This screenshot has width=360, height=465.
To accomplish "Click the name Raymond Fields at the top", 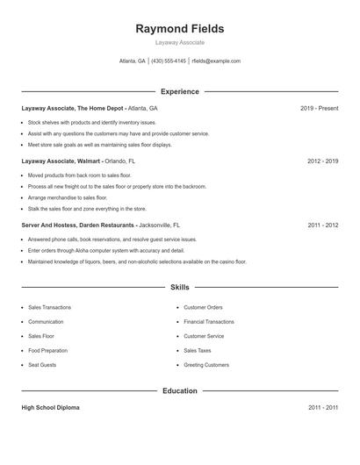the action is tap(179, 29).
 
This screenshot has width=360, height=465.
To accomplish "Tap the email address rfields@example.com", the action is tap(216, 61).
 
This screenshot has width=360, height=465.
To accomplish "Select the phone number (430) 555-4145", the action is tap(169, 61).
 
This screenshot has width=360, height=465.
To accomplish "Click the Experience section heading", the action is tap(179, 91).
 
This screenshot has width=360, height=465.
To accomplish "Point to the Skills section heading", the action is tap(179, 287).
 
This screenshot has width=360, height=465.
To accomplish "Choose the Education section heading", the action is tap(179, 390).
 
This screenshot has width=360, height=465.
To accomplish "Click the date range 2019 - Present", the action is tap(319, 108).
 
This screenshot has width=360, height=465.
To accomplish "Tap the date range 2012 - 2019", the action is tap(322, 161).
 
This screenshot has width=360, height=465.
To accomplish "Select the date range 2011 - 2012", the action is tap(322, 225).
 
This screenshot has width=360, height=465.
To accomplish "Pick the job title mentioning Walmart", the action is tap(61, 161).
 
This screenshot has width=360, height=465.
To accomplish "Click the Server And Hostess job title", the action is tap(78, 225).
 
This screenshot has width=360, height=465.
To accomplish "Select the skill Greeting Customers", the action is tap(206, 364).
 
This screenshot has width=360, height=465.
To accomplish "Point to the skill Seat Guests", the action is tap(42, 364).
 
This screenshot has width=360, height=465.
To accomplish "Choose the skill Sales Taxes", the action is tap(198, 350).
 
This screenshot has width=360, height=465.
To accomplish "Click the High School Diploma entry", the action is tap(52, 408).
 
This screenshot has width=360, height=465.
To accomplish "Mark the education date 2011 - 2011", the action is tap(322, 408).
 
